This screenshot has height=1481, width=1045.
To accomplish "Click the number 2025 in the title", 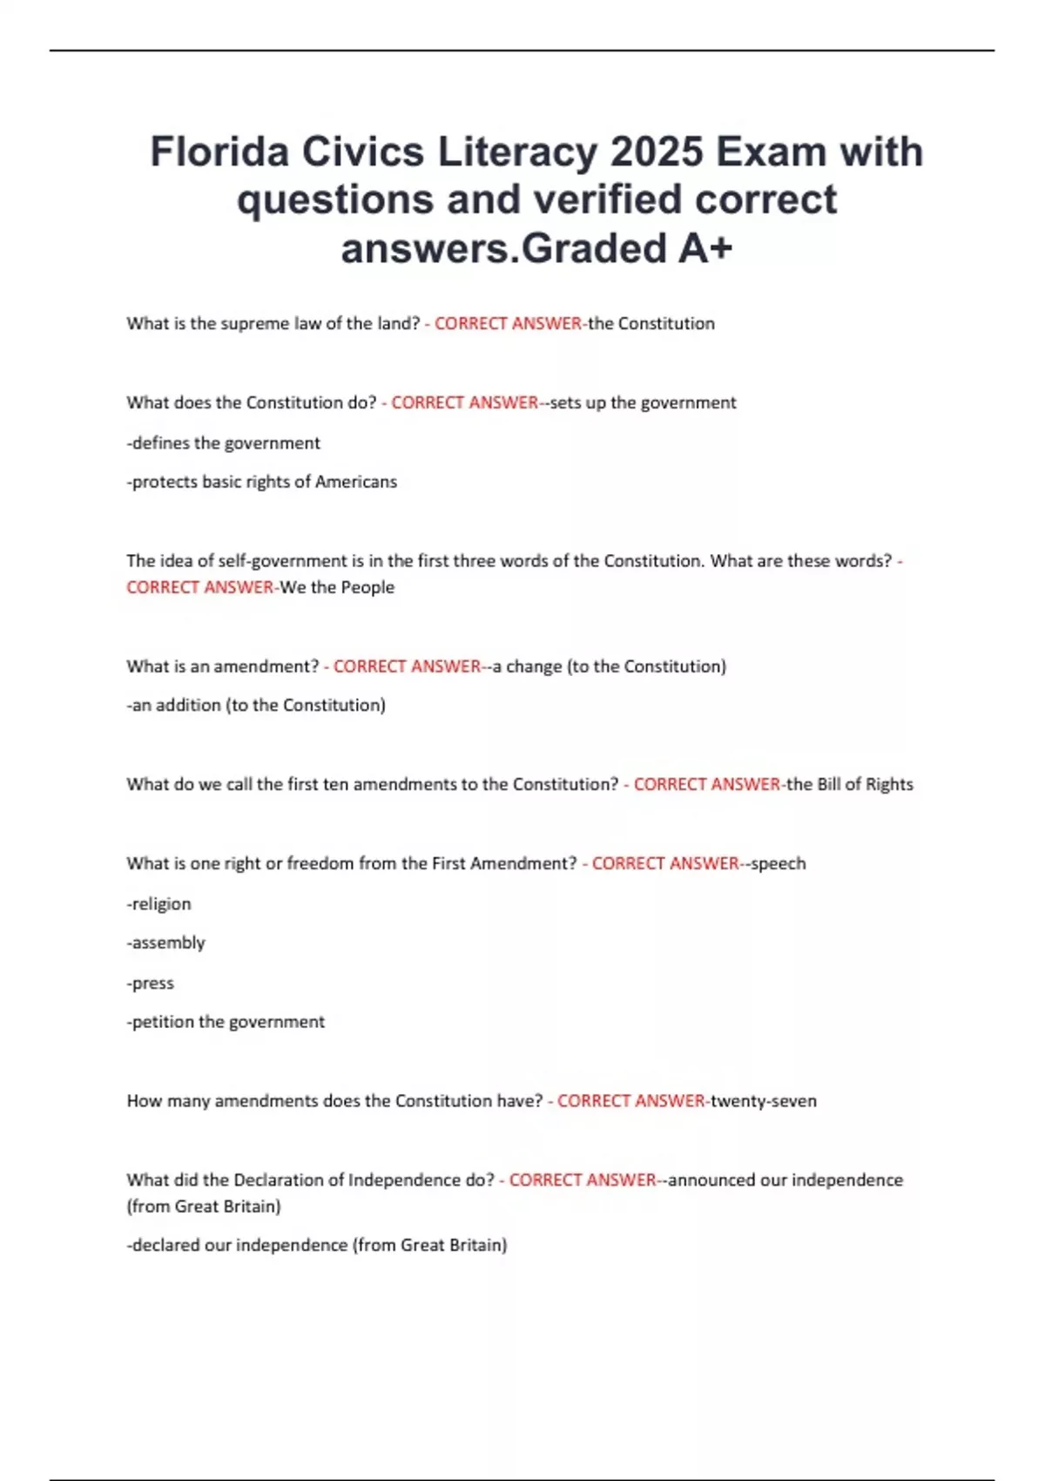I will [x=656, y=152].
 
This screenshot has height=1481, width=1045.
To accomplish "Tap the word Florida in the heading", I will [x=219, y=152].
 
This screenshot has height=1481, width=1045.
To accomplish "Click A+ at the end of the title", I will [x=705, y=248].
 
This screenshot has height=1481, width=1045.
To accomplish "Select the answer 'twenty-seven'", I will [x=764, y=1101].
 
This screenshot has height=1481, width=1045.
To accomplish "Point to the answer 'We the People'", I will [x=337, y=587].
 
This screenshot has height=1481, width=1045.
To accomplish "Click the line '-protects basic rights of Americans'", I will [x=262, y=482].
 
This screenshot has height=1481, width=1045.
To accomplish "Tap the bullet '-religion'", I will [x=159, y=904].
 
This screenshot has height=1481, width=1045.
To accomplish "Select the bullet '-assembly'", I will [x=166, y=943].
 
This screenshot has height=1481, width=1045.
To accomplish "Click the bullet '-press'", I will [x=151, y=983].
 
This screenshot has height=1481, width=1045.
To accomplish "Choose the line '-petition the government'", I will [x=226, y=1022].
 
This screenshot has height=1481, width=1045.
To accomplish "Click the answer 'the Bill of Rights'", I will [x=850, y=784].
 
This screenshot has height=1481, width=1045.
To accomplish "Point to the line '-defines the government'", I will [x=224, y=443].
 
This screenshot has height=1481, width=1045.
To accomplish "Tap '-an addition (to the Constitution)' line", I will [x=256, y=705].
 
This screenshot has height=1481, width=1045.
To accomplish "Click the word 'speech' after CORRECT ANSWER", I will [x=779, y=863].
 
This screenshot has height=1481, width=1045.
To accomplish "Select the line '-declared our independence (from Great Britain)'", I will [x=317, y=1245].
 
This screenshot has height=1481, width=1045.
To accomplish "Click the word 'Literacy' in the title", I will [x=517, y=152].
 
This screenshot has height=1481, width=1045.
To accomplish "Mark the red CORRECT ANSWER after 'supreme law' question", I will [x=508, y=323].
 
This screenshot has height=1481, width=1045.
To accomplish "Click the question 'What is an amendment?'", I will [x=223, y=666].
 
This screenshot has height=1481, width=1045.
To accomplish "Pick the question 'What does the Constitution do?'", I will [x=252, y=402].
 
